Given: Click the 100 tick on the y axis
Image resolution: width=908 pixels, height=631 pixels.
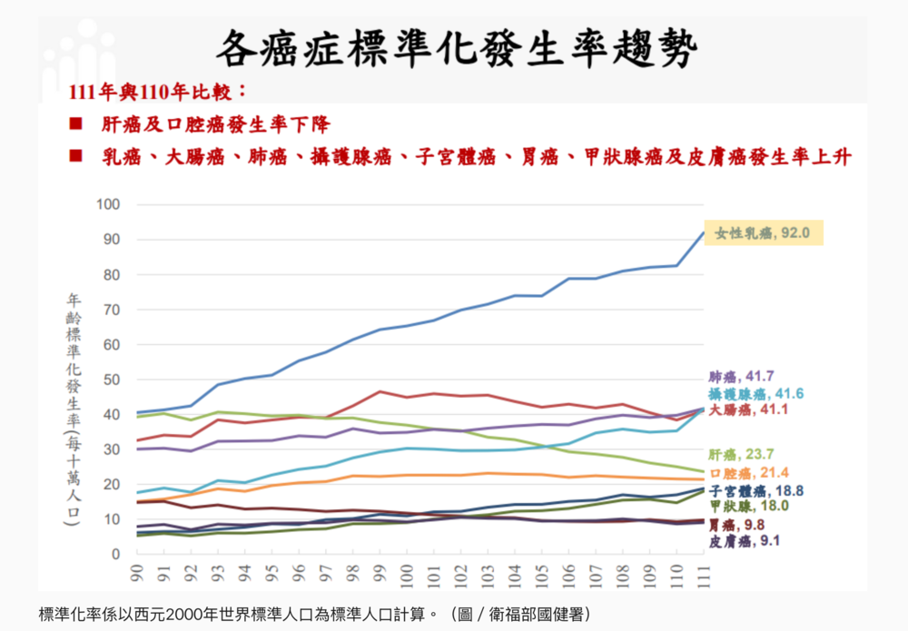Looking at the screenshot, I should [x=108, y=205].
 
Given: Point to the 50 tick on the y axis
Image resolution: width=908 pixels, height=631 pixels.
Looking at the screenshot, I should [x=111, y=380].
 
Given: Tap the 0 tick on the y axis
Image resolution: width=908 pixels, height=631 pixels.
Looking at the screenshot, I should [x=115, y=554].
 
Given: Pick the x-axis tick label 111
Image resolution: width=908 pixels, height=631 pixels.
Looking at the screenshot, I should [x=702, y=575].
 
